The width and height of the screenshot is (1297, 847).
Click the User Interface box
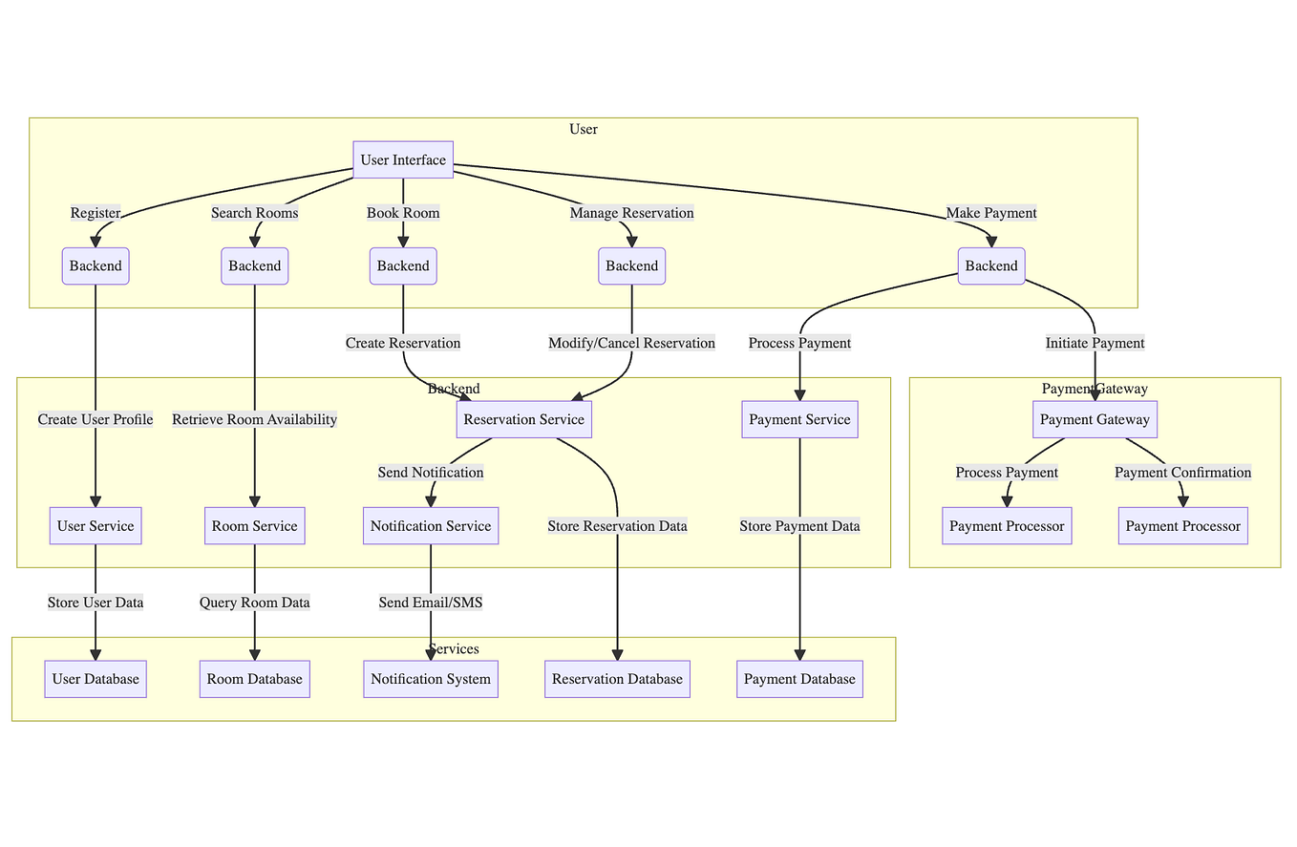pos(403,159)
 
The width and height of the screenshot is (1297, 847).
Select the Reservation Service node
pos(522,419)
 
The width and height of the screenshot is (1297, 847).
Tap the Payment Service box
pos(799,419)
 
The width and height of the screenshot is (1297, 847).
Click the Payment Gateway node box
pos(1095,419)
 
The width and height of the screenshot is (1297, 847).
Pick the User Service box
pos(96,525)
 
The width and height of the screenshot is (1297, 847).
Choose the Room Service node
pos(255,525)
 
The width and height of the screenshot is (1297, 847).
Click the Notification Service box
pos(431,525)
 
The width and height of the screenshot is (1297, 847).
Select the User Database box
pos(96,679)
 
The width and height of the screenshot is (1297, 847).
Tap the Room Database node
pos(255,679)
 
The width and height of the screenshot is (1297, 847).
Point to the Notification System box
pos(431,679)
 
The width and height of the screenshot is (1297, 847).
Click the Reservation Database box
pos(617,679)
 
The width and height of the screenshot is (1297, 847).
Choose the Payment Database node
pos(799,679)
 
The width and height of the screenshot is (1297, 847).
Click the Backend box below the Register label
pos(96,265)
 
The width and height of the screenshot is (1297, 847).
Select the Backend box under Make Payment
pos(991,265)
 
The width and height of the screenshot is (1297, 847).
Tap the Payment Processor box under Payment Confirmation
pos(1182,525)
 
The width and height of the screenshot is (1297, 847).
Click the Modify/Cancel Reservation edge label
pos(631,343)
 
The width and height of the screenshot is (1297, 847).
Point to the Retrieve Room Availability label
pos(255,419)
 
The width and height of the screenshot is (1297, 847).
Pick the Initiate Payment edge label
pos(1095,343)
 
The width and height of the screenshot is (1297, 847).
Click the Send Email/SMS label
pos(431,603)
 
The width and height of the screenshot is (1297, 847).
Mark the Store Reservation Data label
pos(617,525)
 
